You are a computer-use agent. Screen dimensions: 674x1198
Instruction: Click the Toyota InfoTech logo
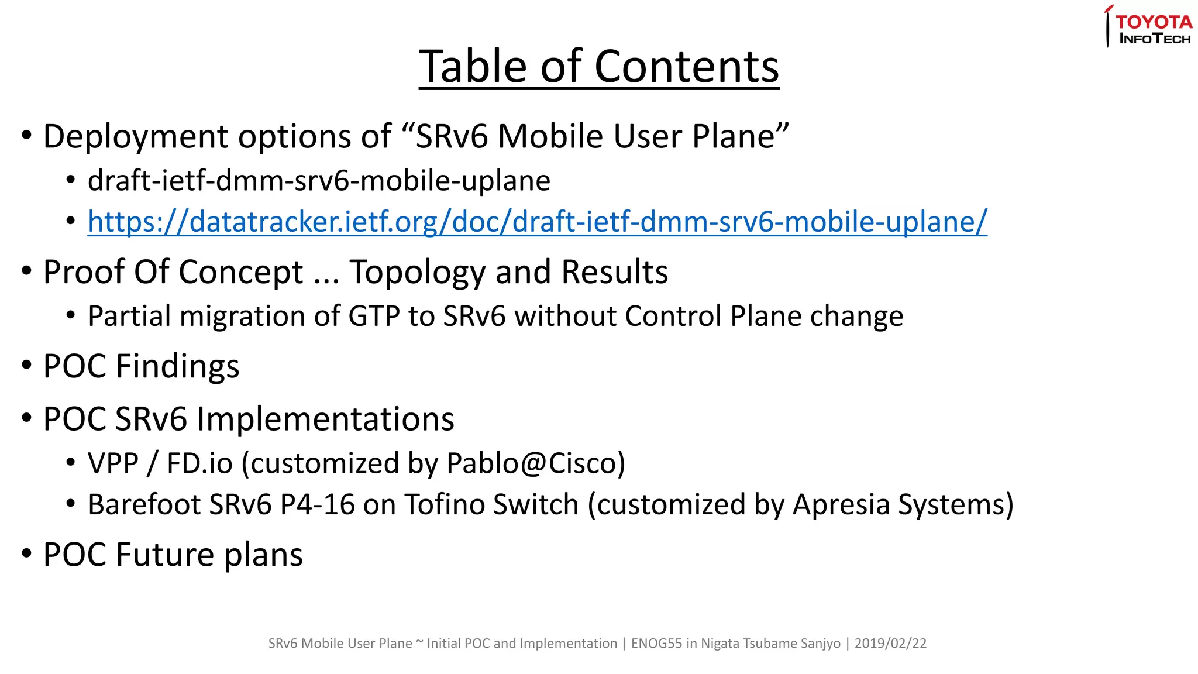coord(1149,27)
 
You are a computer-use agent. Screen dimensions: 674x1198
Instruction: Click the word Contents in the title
coord(687,67)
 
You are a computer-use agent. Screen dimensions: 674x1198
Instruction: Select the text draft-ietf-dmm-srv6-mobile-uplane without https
coord(319,181)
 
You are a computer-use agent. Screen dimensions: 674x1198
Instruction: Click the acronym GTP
coord(374,317)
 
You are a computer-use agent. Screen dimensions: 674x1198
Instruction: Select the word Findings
coord(177,367)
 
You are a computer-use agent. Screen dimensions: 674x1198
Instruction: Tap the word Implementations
coord(325,419)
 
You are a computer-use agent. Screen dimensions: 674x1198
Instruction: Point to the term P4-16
coord(318,504)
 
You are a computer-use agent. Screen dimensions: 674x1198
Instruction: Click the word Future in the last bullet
coord(166,555)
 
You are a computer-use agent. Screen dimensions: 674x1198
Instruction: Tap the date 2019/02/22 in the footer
coord(890,644)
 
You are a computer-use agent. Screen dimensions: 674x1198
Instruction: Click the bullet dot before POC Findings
coord(26,365)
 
